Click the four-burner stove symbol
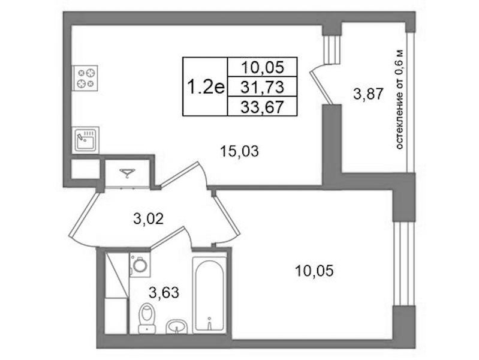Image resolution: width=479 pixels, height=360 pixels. pos(85,78)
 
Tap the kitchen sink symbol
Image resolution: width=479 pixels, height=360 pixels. pos(86,140)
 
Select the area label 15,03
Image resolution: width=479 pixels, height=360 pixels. pos(240,151)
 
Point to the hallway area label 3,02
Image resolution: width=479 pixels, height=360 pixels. pos(149,219)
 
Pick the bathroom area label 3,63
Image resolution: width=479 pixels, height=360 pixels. pos(164,293)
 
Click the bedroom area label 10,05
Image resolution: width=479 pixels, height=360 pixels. pos(314,271)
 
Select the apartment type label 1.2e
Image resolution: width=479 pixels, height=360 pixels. pos(205,87)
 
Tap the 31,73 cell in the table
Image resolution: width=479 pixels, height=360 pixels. pos(262,87)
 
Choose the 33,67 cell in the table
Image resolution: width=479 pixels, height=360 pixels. pos(262,106)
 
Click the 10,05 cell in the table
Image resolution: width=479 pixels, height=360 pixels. pos(262,67)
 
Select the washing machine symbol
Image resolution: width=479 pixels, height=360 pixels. pos(140,265)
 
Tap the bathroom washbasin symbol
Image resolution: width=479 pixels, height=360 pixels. pos(176,326)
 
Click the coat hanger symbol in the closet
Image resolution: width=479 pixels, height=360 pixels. pos(128,173)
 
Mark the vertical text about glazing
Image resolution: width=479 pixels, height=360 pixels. pos(400,100)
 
